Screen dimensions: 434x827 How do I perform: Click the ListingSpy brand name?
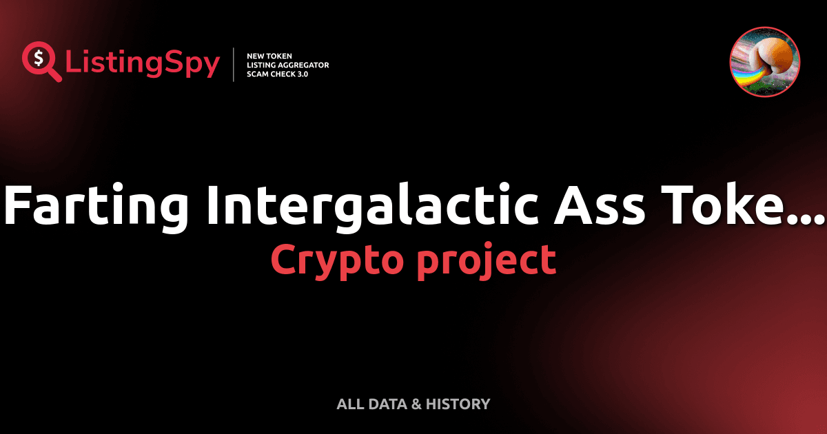tap(143, 64)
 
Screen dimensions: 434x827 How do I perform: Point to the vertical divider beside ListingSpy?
tap(234, 65)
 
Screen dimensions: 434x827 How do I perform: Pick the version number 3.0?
tap(301, 74)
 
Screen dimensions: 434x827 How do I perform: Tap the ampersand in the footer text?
tap(416, 404)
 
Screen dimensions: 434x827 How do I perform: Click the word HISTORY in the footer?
tap(458, 404)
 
